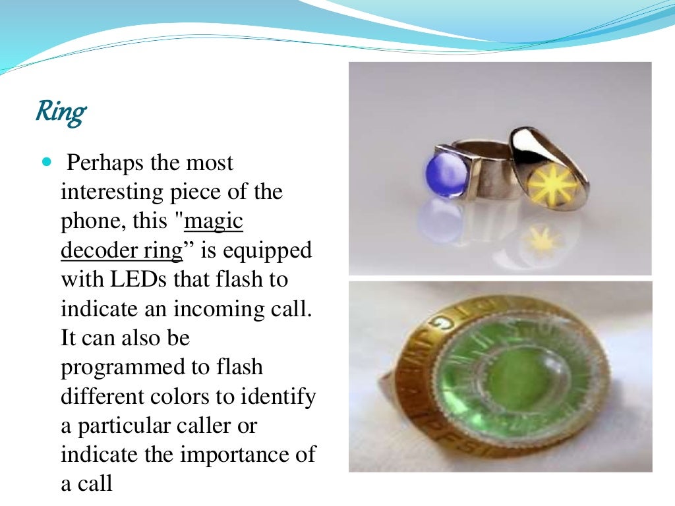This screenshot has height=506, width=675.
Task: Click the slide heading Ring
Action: click(x=60, y=113)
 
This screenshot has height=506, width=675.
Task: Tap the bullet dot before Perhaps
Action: click(x=45, y=161)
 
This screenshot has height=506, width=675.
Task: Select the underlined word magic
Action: click(x=214, y=222)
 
